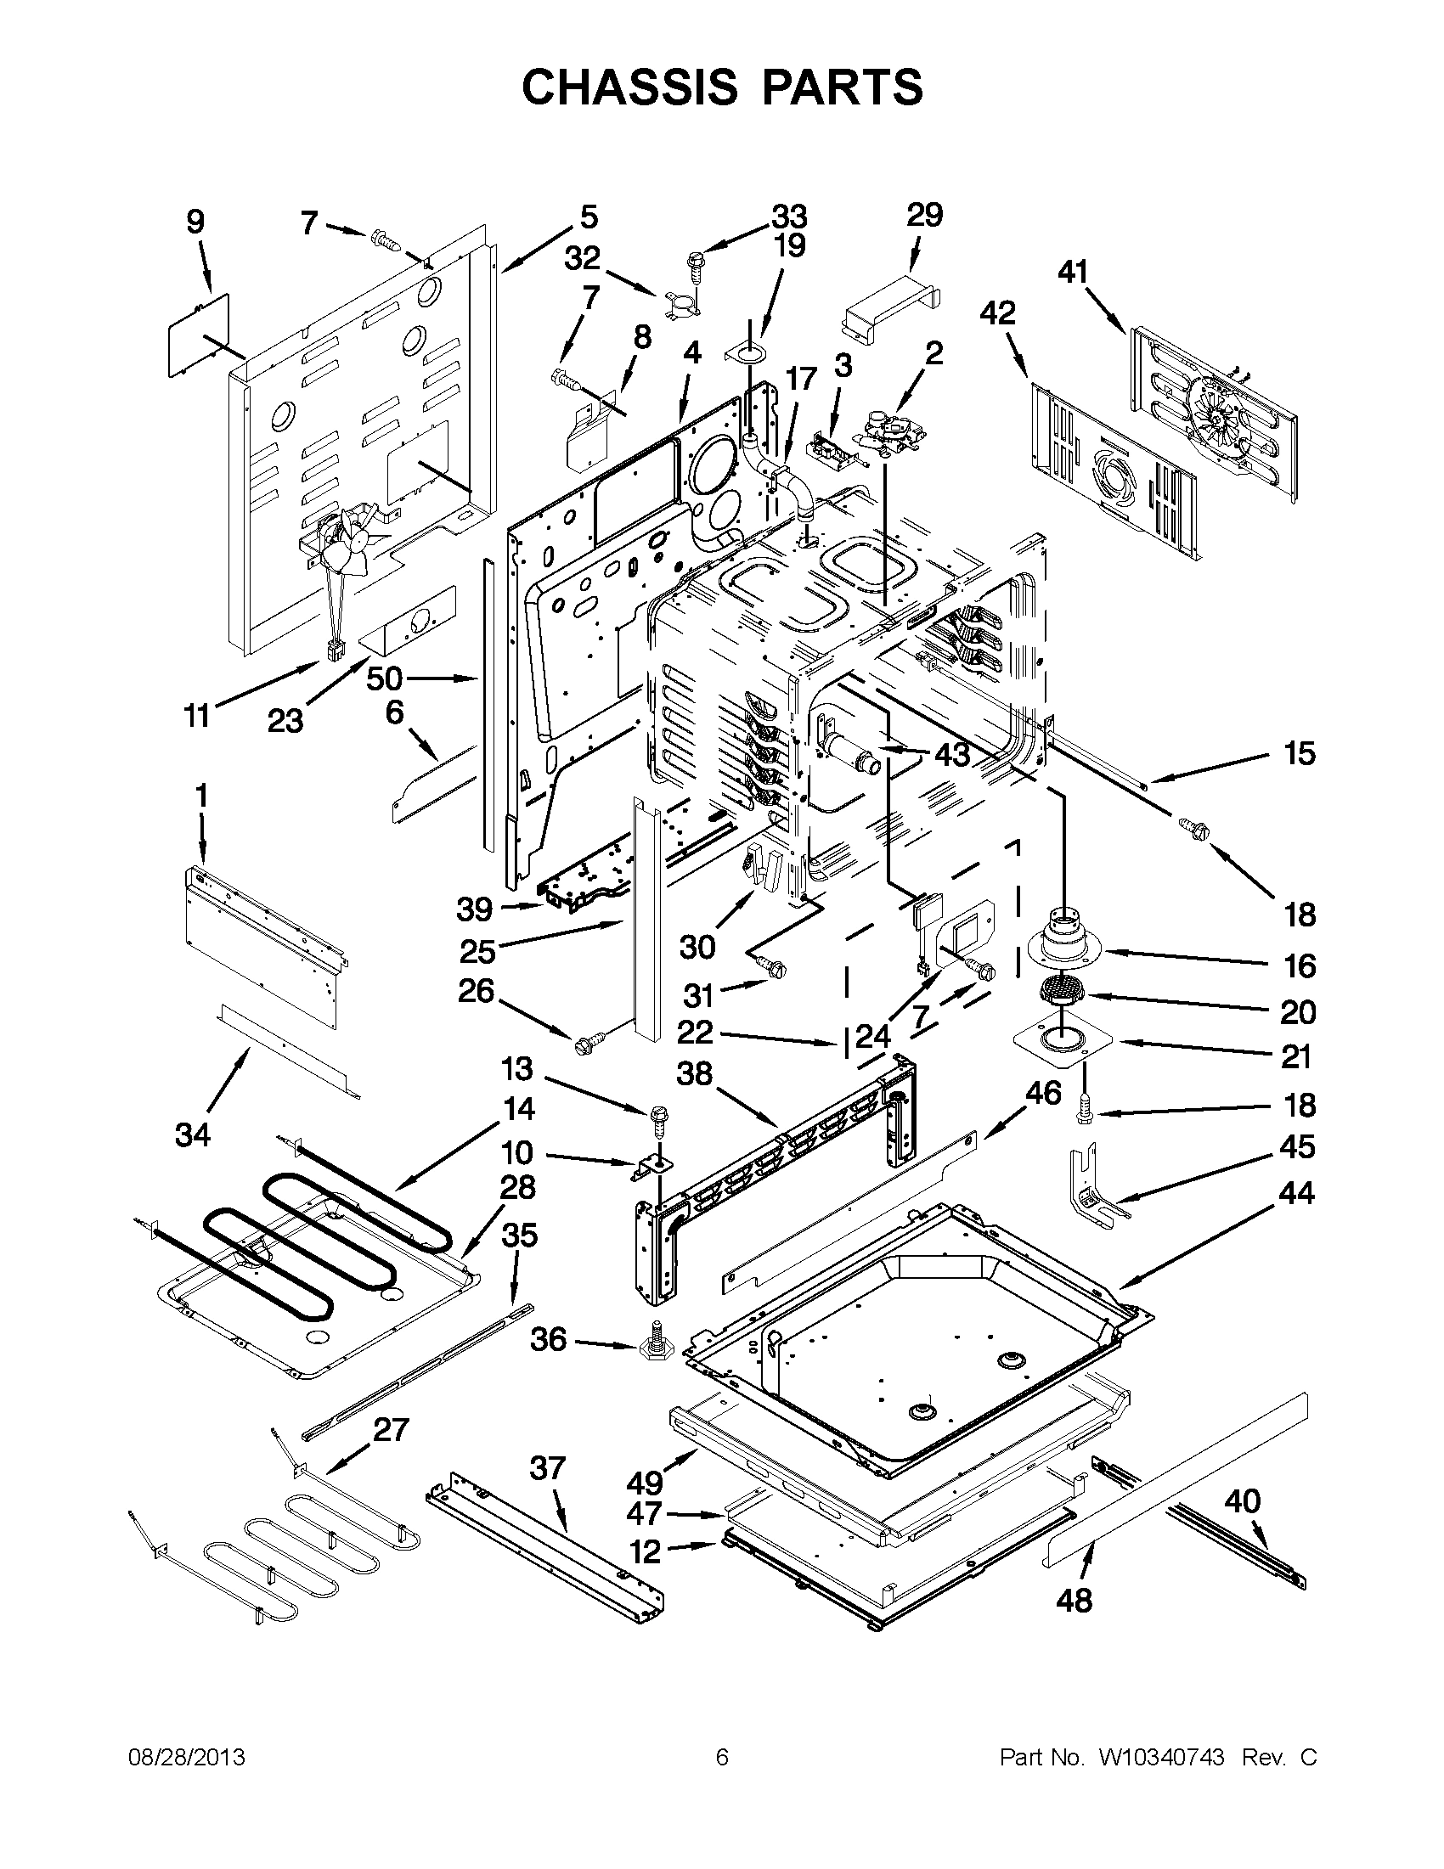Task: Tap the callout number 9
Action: (x=195, y=222)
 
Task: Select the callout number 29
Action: (x=924, y=215)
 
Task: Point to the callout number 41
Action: (x=1073, y=272)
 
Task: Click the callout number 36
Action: (x=548, y=1339)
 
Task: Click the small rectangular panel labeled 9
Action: (x=199, y=335)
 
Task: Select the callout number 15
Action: (x=1299, y=754)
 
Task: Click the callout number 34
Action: (x=193, y=1135)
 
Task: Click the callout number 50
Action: (x=384, y=678)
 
